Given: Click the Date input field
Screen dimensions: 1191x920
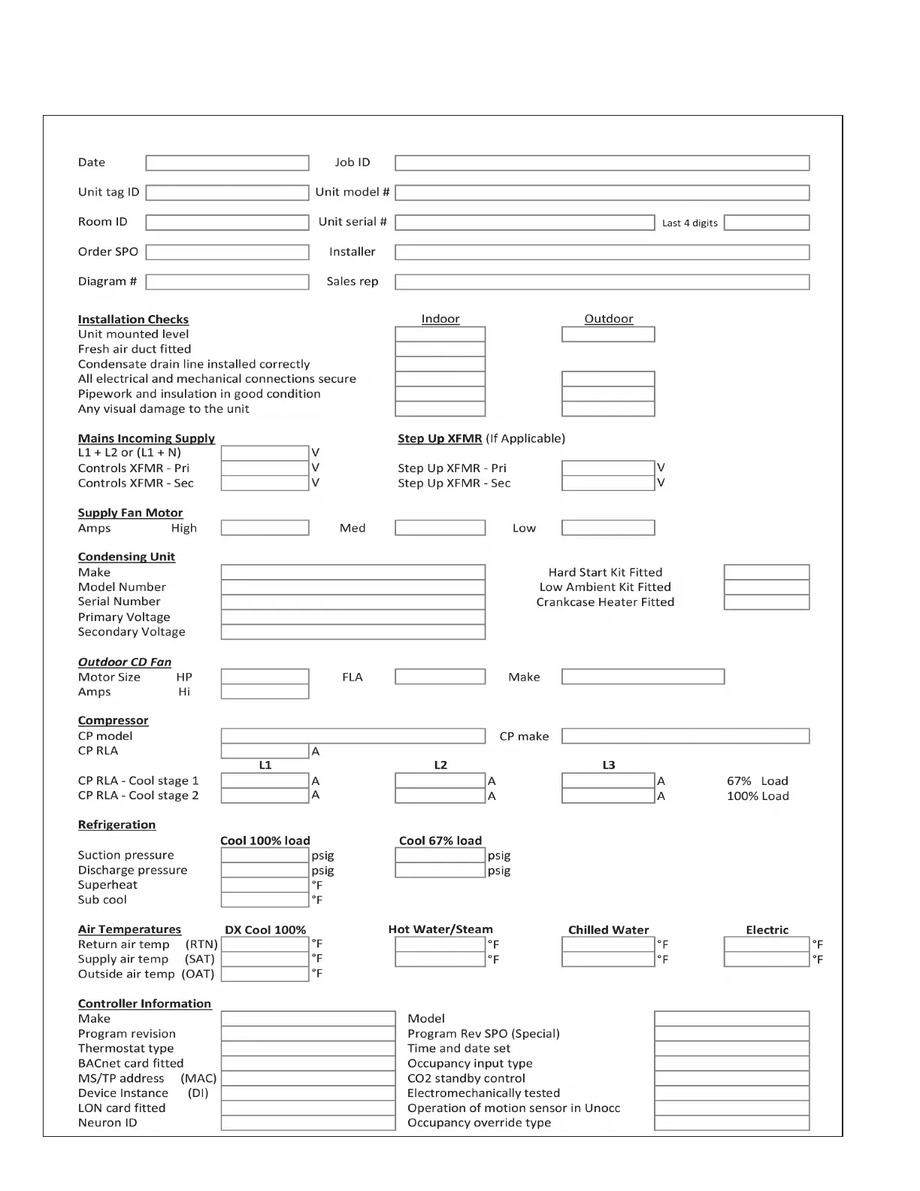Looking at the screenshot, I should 227,163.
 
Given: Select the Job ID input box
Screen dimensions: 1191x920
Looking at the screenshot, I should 602,163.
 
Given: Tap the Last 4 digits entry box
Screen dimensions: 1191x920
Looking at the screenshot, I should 767,223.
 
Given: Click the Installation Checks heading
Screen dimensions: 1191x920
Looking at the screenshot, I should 133,320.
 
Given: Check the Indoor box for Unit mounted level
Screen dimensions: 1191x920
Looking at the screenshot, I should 440,335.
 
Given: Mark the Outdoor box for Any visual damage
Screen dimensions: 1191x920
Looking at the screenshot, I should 608,409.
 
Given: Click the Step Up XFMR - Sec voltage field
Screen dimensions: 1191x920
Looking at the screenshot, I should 608,483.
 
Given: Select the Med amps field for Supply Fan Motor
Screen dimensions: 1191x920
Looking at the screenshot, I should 440,528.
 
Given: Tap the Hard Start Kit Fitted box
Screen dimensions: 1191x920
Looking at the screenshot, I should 767,572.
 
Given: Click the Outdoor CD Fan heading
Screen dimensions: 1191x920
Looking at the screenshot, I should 125,662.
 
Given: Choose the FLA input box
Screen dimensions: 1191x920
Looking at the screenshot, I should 440,677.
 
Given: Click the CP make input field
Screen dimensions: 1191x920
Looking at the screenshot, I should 685,736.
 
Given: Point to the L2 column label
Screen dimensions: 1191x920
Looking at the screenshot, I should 440,765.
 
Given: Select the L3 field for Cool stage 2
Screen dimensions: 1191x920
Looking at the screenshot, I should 608,796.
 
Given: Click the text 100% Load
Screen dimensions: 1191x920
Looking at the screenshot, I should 758,796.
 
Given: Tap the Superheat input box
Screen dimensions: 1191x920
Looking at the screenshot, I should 265,885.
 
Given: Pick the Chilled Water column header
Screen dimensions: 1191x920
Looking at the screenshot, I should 608,930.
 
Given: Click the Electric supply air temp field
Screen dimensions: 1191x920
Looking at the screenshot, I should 767,959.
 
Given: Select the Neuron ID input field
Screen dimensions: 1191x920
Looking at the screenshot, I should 308,1123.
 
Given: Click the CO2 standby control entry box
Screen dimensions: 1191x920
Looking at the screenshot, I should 732,1078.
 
